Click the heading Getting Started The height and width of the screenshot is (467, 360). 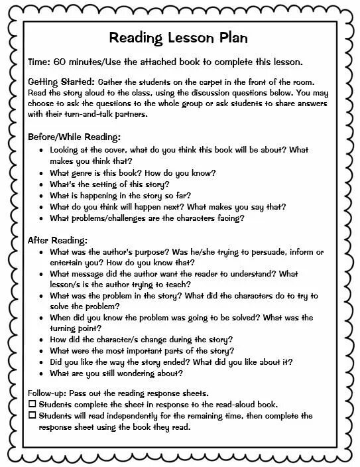coord(55,81)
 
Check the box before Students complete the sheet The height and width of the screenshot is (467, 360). coord(32,403)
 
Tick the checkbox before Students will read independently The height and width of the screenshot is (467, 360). coord(32,415)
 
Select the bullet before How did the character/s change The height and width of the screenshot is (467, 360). coord(42,340)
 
